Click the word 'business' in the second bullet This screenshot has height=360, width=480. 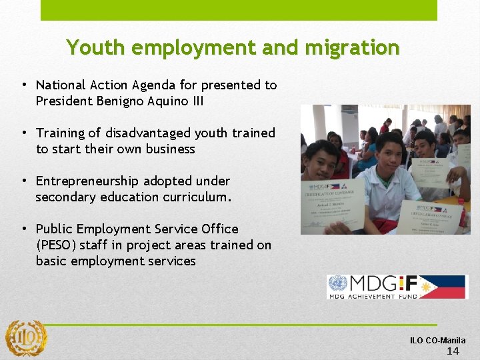pyautogui.click(x=169, y=149)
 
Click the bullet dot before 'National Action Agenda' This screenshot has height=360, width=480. pyautogui.click(x=23, y=85)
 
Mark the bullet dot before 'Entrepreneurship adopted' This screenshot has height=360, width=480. pyautogui.click(x=23, y=181)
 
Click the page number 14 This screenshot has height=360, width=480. pyautogui.click(x=453, y=351)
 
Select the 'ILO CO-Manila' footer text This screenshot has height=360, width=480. pyautogui.click(x=438, y=340)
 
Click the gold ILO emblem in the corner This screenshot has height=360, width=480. pyautogui.click(x=26, y=337)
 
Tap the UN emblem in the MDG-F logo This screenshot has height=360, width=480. pyautogui.click(x=337, y=285)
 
